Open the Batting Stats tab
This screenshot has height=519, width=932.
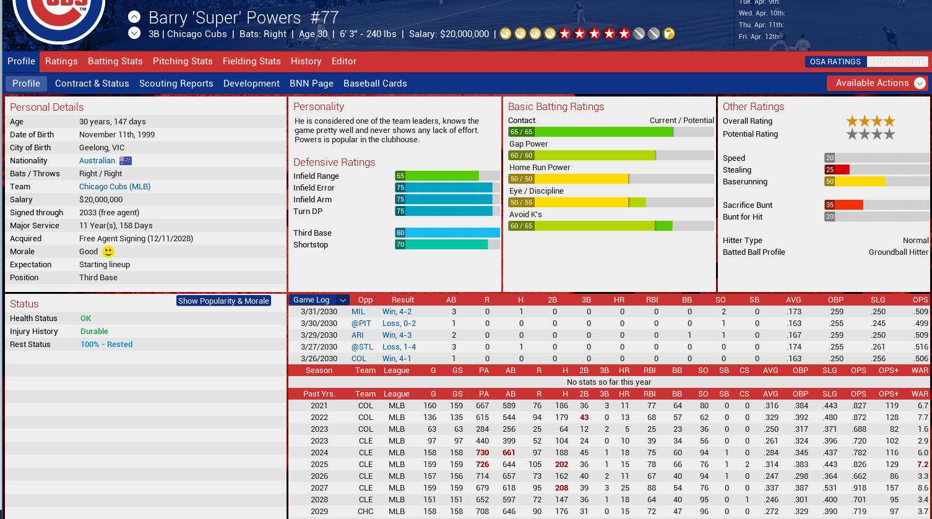(115, 61)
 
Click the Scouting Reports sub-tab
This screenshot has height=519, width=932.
(176, 84)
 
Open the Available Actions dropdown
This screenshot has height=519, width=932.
(877, 83)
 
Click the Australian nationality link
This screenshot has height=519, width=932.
(97, 161)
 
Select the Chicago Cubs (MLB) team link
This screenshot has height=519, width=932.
(114, 187)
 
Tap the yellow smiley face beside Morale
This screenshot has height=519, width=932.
(108, 252)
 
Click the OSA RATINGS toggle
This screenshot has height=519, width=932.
(835, 62)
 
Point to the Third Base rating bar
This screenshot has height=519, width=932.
(447, 233)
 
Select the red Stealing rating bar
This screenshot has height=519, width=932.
(837, 170)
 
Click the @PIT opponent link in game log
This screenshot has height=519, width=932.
(361, 324)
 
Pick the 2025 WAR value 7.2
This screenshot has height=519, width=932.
(922, 465)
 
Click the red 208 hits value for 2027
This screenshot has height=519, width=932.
(561, 488)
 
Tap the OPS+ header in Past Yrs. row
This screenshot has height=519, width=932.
(888, 394)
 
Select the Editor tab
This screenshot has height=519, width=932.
(343, 61)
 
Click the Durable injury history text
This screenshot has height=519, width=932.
(94, 332)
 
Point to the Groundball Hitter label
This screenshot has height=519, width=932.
(898, 252)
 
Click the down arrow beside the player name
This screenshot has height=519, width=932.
(134, 33)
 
